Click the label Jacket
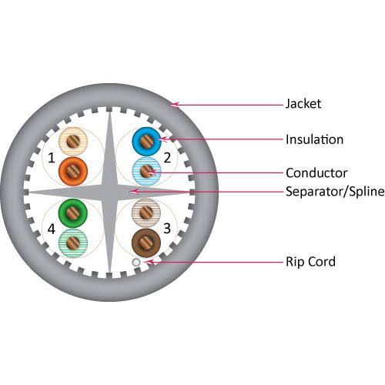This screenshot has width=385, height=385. click(303, 104)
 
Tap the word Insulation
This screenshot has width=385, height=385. click(314, 139)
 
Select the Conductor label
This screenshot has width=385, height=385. click(316, 173)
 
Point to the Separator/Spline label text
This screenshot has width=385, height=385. click(335, 192)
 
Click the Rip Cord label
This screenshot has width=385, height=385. click(310, 262)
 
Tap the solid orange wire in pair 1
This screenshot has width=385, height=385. click(73, 172)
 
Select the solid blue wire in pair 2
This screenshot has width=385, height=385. click(146, 142)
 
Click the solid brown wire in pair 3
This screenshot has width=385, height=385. click(146, 243)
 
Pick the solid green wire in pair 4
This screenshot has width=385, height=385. click(73, 213)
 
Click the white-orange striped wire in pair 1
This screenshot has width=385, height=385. click(73, 142)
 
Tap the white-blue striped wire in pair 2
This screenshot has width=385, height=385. click(146, 172)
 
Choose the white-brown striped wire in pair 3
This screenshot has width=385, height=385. click(146, 213)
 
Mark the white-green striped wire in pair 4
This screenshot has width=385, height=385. click(73, 243)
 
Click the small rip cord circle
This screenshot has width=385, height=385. click(136, 263)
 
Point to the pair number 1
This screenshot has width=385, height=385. click(52, 158)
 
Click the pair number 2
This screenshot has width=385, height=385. click(167, 158)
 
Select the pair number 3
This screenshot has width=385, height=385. click(167, 228)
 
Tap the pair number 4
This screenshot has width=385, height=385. click(52, 229)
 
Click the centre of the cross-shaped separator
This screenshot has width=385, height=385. click(109, 192)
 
